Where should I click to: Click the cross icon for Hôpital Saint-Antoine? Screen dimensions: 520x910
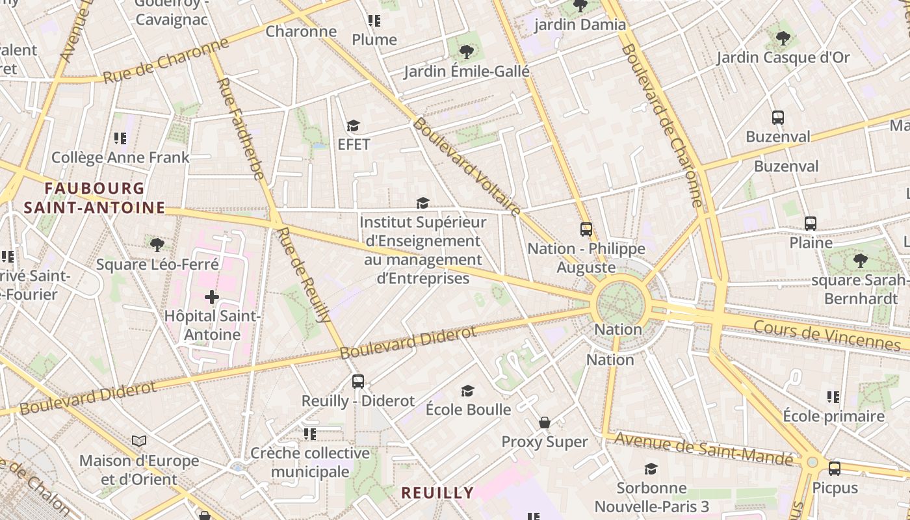(212, 298)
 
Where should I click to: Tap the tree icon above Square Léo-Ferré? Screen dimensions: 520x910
(157, 244)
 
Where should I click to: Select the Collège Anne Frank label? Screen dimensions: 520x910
(120, 157)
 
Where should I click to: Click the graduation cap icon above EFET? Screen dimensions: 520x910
(353, 125)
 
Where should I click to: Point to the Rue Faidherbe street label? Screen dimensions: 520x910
(240, 129)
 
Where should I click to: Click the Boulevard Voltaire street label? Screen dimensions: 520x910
(467, 166)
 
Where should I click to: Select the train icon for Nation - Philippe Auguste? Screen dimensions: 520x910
(586, 229)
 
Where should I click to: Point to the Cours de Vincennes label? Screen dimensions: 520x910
(827, 335)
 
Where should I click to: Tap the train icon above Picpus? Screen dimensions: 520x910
(835, 468)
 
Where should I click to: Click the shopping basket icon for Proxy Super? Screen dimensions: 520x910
(545, 423)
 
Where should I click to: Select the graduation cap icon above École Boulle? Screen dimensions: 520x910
(467, 391)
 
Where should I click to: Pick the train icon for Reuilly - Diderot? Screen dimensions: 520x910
(358, 382)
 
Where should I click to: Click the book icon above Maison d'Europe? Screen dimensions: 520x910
(139, 441)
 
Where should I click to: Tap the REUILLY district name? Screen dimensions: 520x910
(437, 493)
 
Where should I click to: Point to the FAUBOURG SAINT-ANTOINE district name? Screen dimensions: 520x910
(95, 198)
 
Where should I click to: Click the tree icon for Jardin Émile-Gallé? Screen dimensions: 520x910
(466, 52)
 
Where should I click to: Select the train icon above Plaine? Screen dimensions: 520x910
(811, 223)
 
